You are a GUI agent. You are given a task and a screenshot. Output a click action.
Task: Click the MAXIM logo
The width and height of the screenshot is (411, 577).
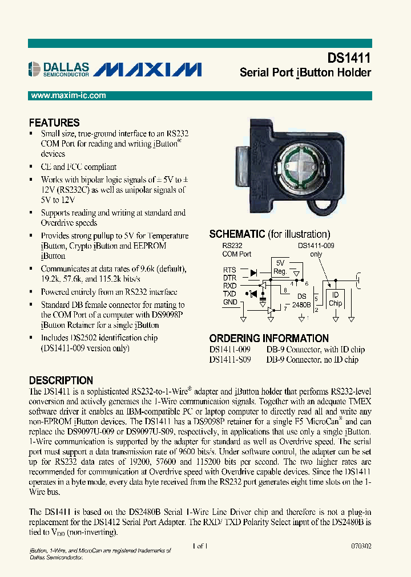click(x=147, y=70)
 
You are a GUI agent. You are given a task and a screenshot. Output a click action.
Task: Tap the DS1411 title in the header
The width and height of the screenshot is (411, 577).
click(x=349, y=58)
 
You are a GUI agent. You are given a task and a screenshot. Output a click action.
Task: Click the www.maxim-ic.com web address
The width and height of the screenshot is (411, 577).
click(x=68, y=96)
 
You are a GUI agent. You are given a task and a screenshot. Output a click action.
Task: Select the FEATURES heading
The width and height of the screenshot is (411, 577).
click(x=54, y=123)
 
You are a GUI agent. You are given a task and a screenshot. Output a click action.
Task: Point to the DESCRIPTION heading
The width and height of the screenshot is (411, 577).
click(x=61, y=380)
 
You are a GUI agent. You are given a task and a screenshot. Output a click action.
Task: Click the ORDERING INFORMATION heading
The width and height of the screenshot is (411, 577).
click(x=269, y=338)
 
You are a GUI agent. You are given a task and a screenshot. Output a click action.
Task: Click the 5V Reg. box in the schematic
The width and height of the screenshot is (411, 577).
click(x=280, y=267)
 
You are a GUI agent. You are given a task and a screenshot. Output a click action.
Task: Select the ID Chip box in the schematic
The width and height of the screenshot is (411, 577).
click(x=335, y=299)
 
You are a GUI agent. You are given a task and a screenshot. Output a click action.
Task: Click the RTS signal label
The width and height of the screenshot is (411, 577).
click(x=229, y=270)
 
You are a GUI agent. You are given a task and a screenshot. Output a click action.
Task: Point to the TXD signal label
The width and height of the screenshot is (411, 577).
click(x=229, y=294)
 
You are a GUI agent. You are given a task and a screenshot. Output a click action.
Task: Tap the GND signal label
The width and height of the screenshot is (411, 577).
click(x=229, y=302)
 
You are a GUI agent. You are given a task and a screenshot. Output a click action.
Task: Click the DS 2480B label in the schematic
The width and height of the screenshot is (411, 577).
click(x=301, y=300)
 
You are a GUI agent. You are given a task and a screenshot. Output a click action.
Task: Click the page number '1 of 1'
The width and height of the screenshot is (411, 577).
click(x=200, y=546)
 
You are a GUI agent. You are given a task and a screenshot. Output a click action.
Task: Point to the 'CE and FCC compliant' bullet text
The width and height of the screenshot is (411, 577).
click(x=78, y=167)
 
